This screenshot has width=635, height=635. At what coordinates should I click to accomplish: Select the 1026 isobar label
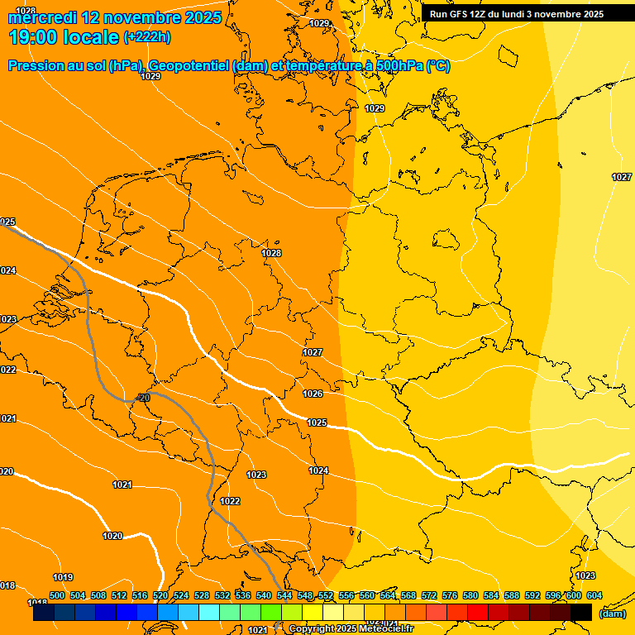tap(313, 394)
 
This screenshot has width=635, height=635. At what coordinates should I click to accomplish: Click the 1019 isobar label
tap(63, 577)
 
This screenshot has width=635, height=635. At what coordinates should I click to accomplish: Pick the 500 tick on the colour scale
tap(57, 595)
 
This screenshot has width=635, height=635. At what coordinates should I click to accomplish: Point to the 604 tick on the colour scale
tap(594, 595)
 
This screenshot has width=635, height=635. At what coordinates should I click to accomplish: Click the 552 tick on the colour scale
tap(326, 595)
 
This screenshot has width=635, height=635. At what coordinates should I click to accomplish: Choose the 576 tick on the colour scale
tap(450, 595)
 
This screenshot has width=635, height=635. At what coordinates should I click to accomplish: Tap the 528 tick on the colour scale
tap(202, 595)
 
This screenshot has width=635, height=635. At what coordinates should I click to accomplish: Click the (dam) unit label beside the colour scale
tap(612, 614)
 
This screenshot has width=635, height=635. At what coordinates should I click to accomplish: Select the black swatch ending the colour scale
tap(581, 613)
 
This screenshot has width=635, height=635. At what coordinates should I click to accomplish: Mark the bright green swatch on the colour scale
tap(271, 613)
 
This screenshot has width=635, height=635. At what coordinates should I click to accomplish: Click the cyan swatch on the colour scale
tap(209, 613)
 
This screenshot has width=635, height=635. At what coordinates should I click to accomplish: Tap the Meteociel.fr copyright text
tap(351, 629)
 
